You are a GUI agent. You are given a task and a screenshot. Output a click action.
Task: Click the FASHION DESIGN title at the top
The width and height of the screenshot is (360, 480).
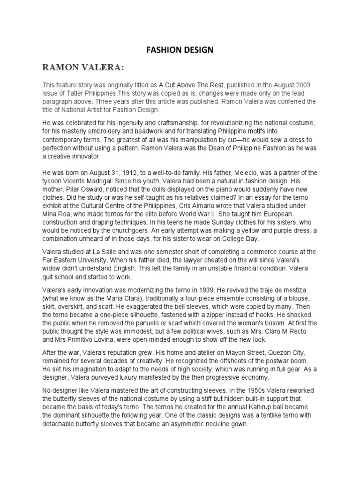coord(180,50)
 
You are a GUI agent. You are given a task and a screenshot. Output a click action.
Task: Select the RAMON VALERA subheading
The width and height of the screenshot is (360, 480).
coord(83,68)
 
